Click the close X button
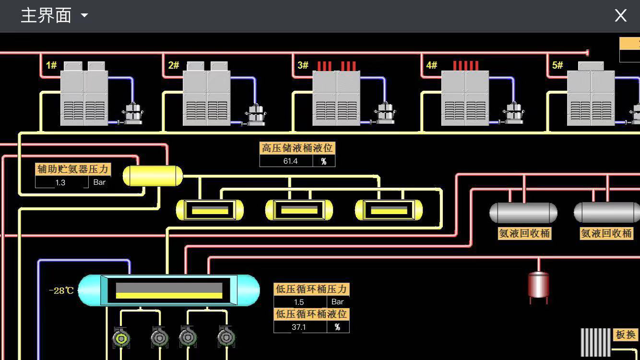click(x=620, y=15)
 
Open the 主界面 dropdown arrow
click(x=84, y=15)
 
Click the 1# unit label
click(x=51, y=65)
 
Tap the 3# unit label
click(x=303, y=65)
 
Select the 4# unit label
click(x=432, y=65)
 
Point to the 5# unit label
click(x=557, y=65)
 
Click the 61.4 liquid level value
click(x=290, y=161)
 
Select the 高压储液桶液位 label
click(x=297, y=148)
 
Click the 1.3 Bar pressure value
click(x=60, y=182)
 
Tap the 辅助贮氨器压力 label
click(x=73, y=169)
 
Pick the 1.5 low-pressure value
click(x=299, y=302)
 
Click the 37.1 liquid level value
click(x=298, y=327)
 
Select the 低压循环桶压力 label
click(x=311, y=289)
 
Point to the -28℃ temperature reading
click(x=61, y=290)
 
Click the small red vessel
click(x=538, y=285)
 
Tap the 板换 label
click(x=626, y=335)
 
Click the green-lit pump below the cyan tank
click(x=121, y=338)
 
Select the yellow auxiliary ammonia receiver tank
click(x=153, y=176)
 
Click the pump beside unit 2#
click(x=256, y=115)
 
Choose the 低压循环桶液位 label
click(x=311, y=314)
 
